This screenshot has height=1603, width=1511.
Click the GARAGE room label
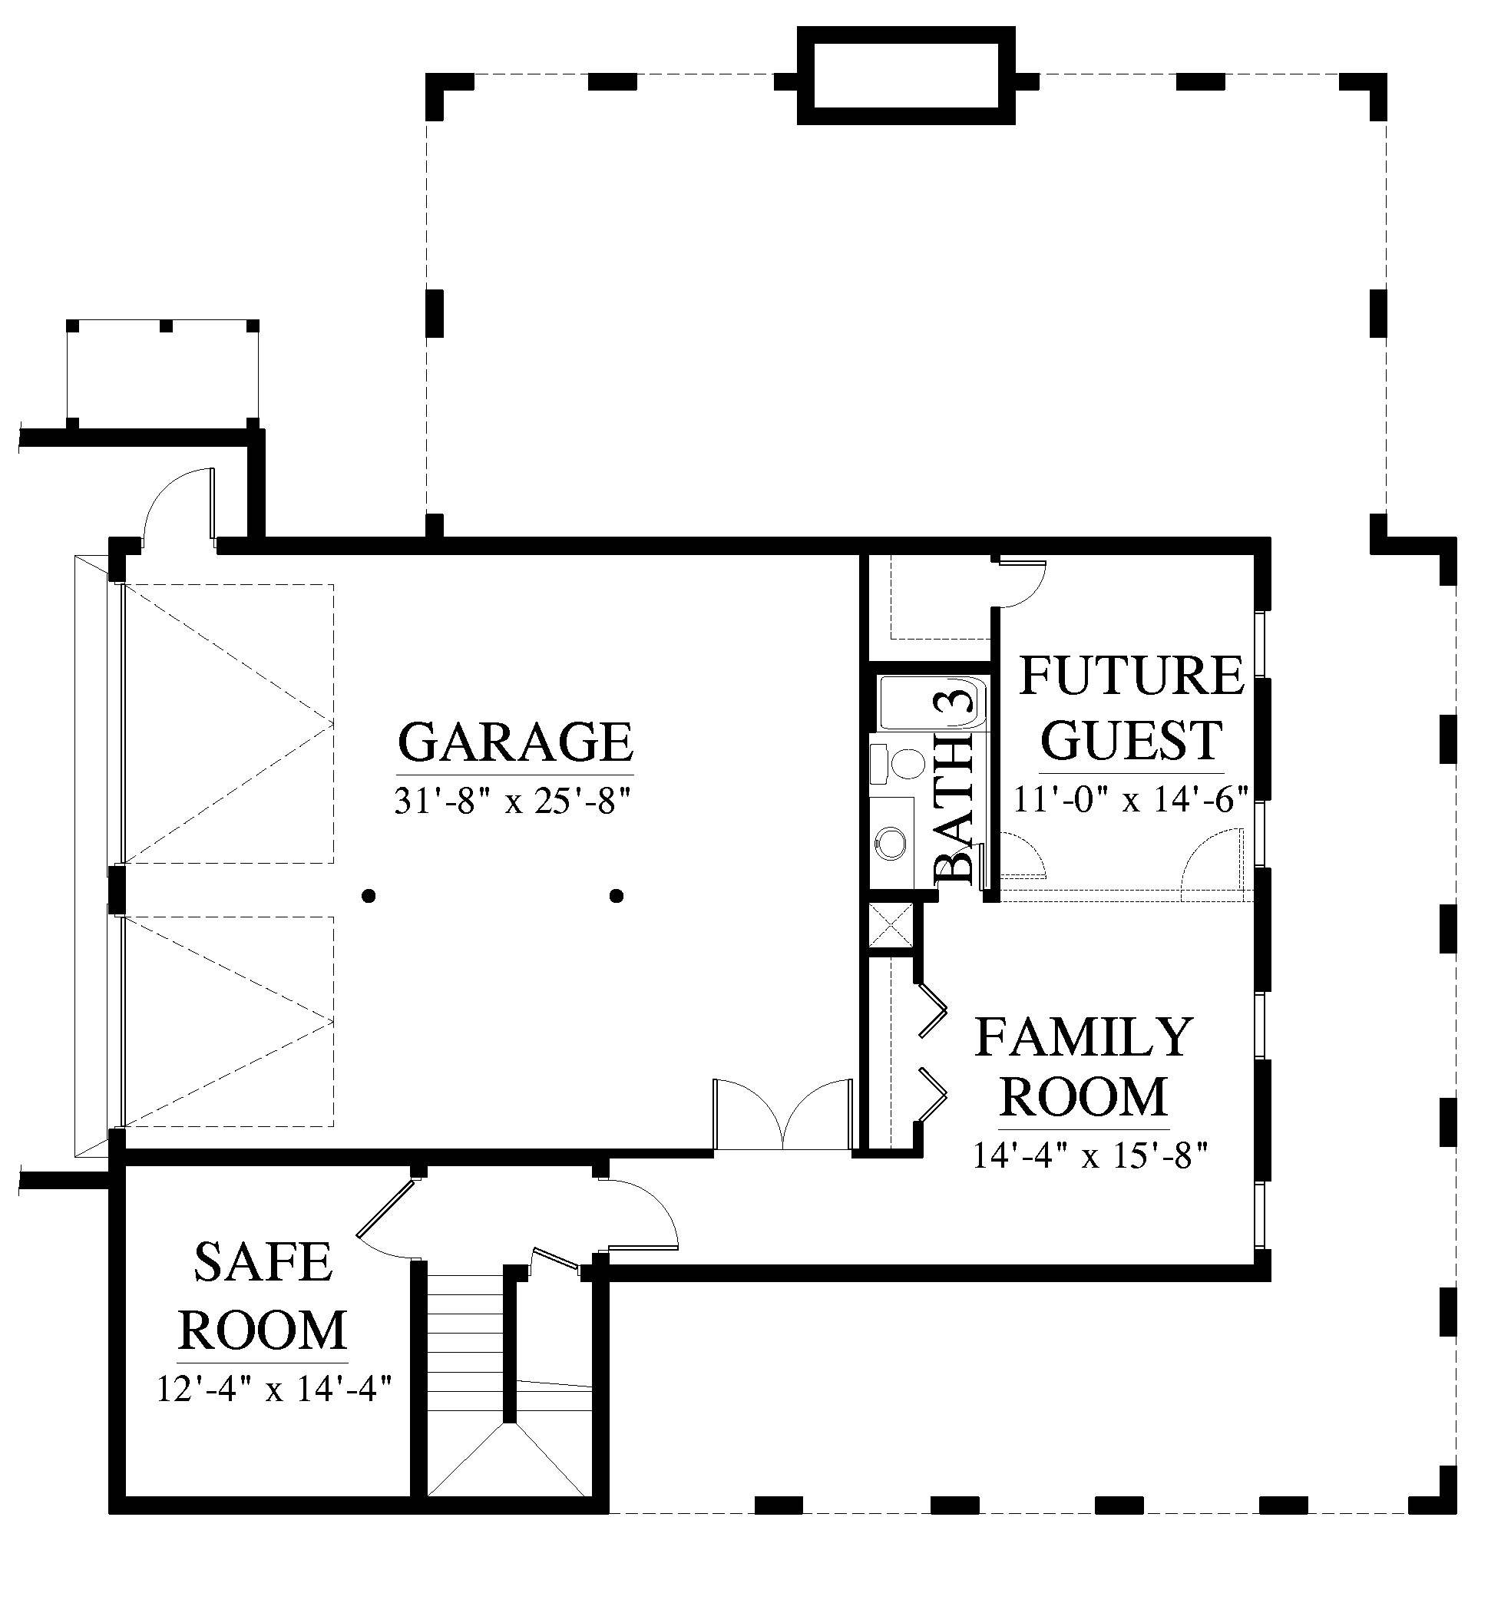515,742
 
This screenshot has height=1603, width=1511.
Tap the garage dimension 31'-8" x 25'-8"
511,801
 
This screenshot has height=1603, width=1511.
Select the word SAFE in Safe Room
263,1262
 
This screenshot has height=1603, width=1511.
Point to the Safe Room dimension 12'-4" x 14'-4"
274,1389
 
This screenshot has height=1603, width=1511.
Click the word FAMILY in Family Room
1083,1037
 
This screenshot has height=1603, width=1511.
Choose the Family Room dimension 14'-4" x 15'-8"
1090,1155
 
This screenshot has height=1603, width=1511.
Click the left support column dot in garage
369,895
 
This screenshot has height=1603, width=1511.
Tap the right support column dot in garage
617,895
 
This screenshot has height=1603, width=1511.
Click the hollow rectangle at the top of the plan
906,76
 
